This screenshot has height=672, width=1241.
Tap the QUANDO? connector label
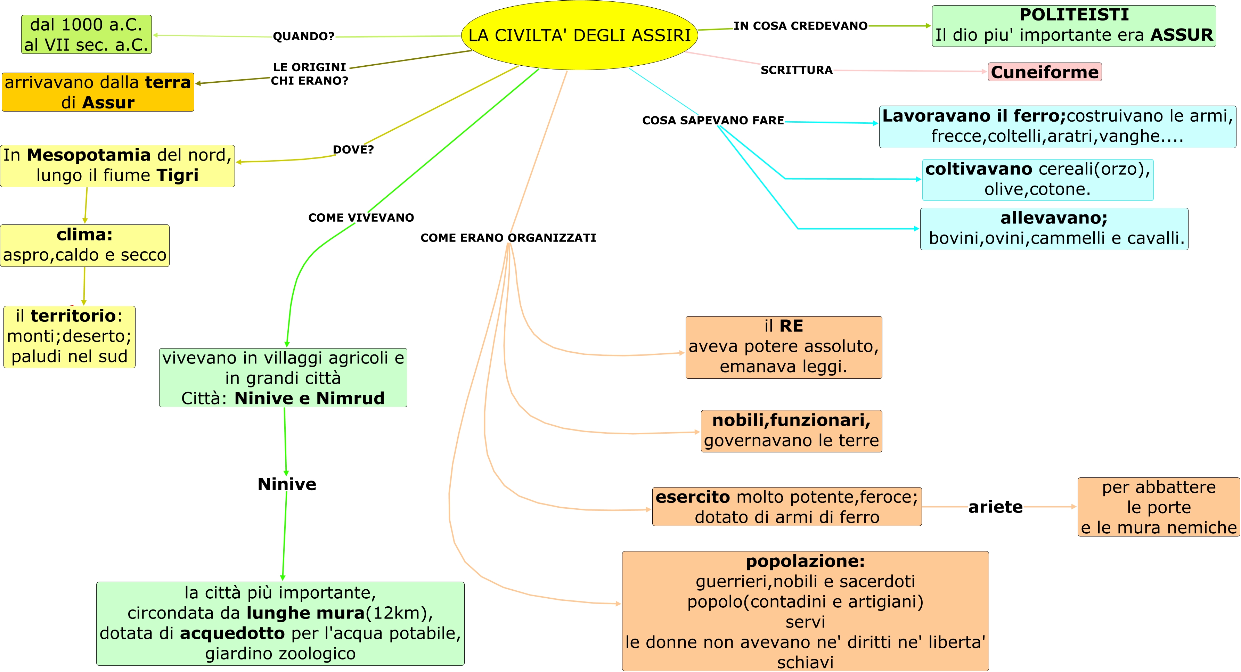point(303,36)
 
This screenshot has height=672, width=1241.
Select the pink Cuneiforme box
point(1044,72)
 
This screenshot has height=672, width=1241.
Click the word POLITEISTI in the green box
point(1074,15)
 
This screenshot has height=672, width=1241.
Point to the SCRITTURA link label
point(796,70)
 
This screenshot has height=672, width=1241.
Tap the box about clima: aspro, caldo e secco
point(85,246)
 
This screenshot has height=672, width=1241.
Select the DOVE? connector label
point(353,150)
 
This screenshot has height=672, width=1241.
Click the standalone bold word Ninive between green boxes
point(287,484)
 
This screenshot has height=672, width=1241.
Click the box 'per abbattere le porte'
point(1158,507)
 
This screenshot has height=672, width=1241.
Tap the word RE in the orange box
point(791,326)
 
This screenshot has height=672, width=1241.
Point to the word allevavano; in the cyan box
point(1054,218)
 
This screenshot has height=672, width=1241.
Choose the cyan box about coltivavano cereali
point(1037,180)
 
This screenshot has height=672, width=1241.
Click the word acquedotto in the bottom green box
point(232,633)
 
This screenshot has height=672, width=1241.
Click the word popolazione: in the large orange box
point(805,561)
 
